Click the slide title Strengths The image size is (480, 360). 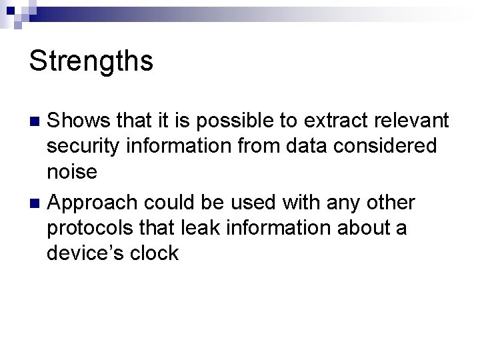point(91,61)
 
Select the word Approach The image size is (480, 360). point(95,202)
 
